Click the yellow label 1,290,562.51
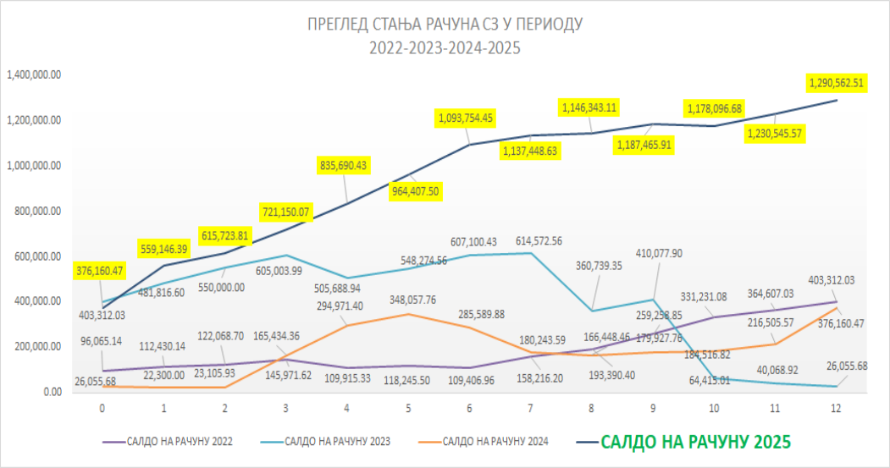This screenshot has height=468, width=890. [x=836, y=83]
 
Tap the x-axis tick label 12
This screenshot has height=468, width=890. [x=837, y=408]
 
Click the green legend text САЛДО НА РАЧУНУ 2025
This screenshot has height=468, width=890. [x=696, y=441]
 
